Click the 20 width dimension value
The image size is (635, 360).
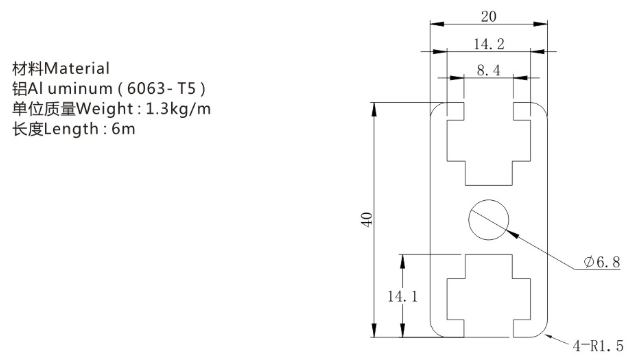pyautogui.click(x=488, y=17)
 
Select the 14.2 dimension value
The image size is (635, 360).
pyautogui.click(x=489, y=44)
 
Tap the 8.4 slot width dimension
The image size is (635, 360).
pyautogui.click(x=488, y=70)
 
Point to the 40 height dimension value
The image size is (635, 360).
pyautogui.click(x=367, y=219)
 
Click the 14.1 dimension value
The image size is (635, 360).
pyautogui.click(x=402, y=296)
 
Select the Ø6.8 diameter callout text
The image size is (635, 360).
pyautogui.click(x=602, y=262)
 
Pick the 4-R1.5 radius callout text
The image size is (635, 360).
pyautogui.click(x=598, y=345)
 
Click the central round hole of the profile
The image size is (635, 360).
pyautogui.click(x=488, y=219)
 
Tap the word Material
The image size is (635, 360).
pyautogui.click(x=77, y=68)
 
